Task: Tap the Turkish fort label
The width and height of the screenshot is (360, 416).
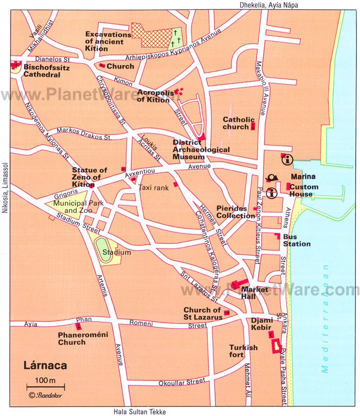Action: tap(243, 351)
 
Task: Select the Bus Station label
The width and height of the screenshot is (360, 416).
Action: tap(296, 240)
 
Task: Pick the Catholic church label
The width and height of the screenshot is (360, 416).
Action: tap(236, 123)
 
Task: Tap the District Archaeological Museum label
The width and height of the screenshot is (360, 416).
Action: tap(201, 149)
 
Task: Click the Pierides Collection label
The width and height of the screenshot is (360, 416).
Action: tap(236, 212)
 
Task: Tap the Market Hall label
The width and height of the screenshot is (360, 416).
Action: tap(255, 293)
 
